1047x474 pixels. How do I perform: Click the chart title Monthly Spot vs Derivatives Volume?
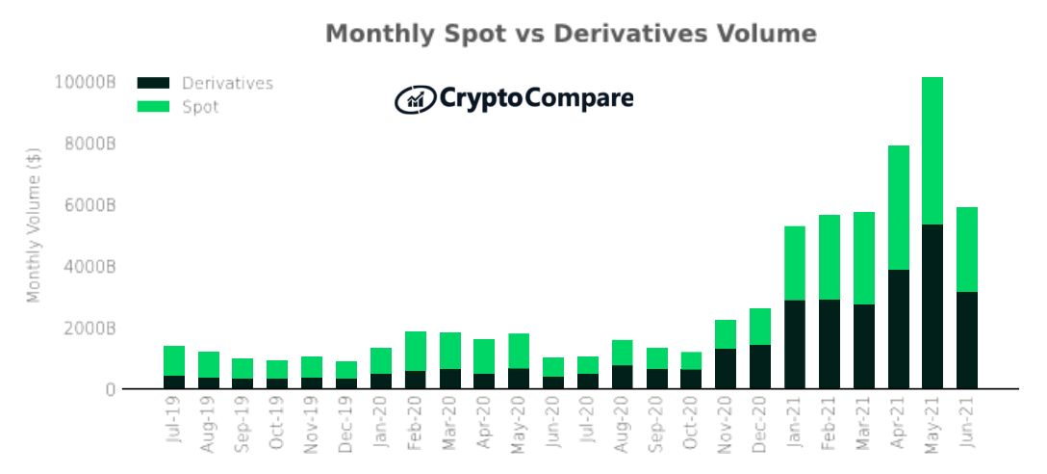click(x=571, y=34)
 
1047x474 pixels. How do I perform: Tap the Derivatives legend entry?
click(x=227, y=84)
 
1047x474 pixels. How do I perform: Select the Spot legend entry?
click(x=200, y=107)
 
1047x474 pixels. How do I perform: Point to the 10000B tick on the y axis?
click(x=85, y=83)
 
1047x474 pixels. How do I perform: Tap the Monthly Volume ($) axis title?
click(x=34, y=224)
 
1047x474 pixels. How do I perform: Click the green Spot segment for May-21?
click(x=932, y=150)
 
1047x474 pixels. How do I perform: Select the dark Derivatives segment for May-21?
click(x=932, y=306)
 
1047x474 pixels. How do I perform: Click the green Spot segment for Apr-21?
click(x=898, y=207)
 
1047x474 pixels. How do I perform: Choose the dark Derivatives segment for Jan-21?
click(x=794, y=344)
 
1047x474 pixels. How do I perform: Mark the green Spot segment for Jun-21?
click(x=966, y=249)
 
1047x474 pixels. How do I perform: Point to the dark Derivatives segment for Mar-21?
click(x=863, y=346)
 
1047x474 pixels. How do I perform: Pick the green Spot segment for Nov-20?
click(x=726, y=334)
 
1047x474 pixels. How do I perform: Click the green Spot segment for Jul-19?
click(x=174, y=360)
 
